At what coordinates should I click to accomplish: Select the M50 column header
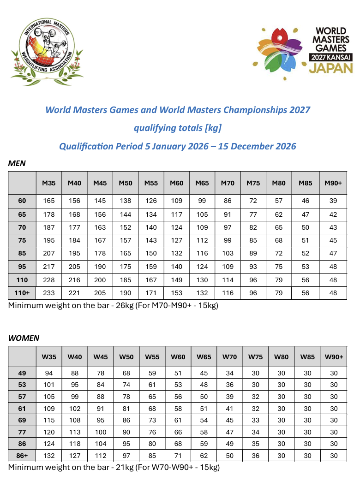(x=126, y=183)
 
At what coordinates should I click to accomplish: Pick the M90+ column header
(x=333, y=183)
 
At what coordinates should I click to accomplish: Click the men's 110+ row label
(x=22, y=293)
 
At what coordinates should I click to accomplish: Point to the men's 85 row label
(x=22, y=253)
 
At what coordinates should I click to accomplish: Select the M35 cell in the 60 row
(x=49, y=201)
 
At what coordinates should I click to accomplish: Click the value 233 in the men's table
(x=49, y=293)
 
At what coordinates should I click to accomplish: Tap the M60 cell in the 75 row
(x=177, y=240)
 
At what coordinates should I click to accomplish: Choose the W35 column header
(x=49, y=356)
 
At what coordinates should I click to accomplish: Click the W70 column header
(x=229, y=356)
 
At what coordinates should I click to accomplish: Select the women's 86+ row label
(x=22, y=455)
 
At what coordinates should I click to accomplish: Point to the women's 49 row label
(x=22, y=373)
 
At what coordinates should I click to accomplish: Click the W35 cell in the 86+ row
(x=49, y=455)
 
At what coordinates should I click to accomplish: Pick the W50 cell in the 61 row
(x=126, y=408)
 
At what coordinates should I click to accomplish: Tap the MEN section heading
(x=17, y=163)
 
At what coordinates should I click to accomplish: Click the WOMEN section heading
(x=24, y=338)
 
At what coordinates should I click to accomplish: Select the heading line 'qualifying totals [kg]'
(x=178, y=128)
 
